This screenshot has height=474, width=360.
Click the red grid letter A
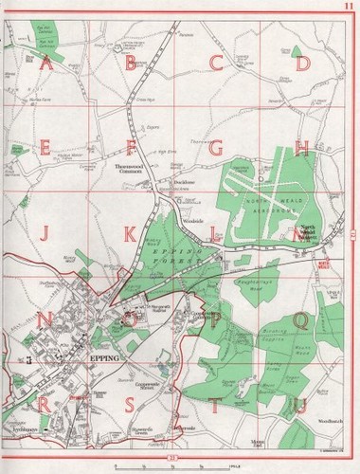[45, 64]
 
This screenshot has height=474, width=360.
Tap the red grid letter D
[303, 64]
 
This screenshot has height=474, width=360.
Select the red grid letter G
[216, 148]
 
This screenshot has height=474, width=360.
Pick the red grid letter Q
[300, 320]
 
